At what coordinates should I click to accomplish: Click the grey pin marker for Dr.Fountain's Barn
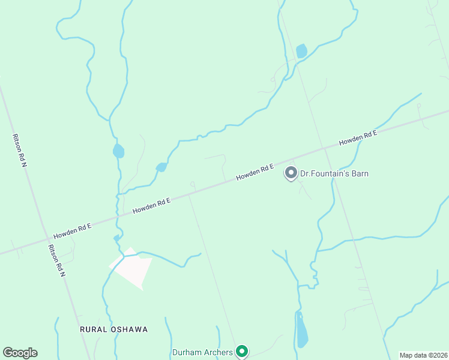point(291,173)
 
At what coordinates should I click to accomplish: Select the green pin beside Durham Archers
point(242,351)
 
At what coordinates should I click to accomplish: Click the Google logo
point(20,353)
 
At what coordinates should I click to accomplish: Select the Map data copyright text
point(424,355)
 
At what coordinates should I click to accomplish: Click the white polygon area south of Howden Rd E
point(131,266)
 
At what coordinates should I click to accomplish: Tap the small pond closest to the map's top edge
point(301,51)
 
